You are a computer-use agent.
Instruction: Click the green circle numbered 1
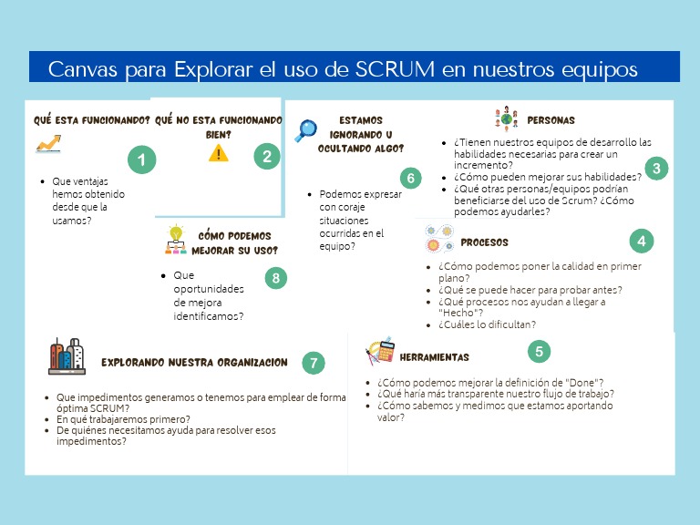[x=140, y=161]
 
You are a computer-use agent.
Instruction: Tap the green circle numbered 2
[x=266, y=157]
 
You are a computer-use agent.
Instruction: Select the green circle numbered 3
[x=655, y=168]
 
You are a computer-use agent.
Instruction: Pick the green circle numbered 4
[x=642, y=241]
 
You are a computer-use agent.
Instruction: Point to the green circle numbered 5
[x=540, y=351]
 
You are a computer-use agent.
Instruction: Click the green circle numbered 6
[x=411, y=178]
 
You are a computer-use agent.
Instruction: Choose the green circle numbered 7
[x=314, y=363]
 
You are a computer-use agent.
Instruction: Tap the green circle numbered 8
[x=276, y=278]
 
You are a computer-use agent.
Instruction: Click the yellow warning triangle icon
[x=219, y=153]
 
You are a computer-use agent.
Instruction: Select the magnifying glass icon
[x=305, y=131]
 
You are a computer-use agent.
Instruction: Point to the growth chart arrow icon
[x=48, y=143]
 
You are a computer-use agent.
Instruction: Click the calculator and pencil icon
[x=379, y=350]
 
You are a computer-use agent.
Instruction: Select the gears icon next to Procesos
[x=438, y=239]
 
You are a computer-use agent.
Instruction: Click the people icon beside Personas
[x=505, y=119]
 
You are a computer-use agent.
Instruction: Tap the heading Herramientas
[x=434, y=357]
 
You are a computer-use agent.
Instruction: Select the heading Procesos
[x=484, y=242]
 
